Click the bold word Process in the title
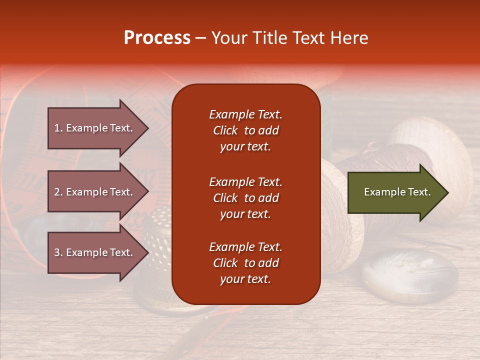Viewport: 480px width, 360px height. [x=157, y=38]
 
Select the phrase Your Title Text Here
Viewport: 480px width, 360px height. [x=289, y=38]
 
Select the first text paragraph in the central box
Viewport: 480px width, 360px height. [x=245, y=130]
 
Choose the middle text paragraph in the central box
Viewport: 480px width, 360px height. [x=245, y=198]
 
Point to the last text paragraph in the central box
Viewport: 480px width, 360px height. [x=245, y=263]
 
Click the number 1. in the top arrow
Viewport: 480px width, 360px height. [x=58, y=128]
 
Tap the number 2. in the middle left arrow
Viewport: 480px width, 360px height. [x=58, y=192]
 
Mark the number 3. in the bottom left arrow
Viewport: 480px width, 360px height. [x=58, y=252]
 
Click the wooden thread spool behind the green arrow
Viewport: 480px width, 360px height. [x=430, y=150]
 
